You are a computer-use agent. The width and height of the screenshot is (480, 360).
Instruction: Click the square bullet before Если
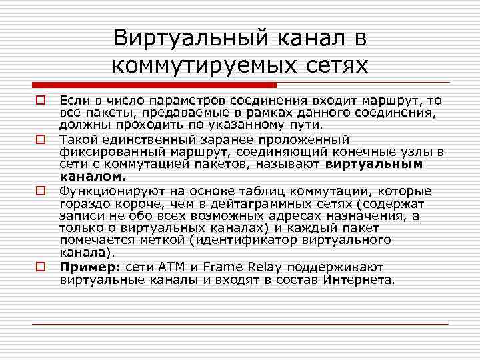click(40, 101)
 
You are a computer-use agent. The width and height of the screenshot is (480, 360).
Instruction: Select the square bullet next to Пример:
click(40, 265)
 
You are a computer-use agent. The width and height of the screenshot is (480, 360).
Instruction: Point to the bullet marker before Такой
click(40, 139)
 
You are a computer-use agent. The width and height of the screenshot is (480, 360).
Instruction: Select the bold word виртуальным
click(375, 164)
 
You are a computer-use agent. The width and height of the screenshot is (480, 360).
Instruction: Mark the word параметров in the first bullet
click(174, 101)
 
